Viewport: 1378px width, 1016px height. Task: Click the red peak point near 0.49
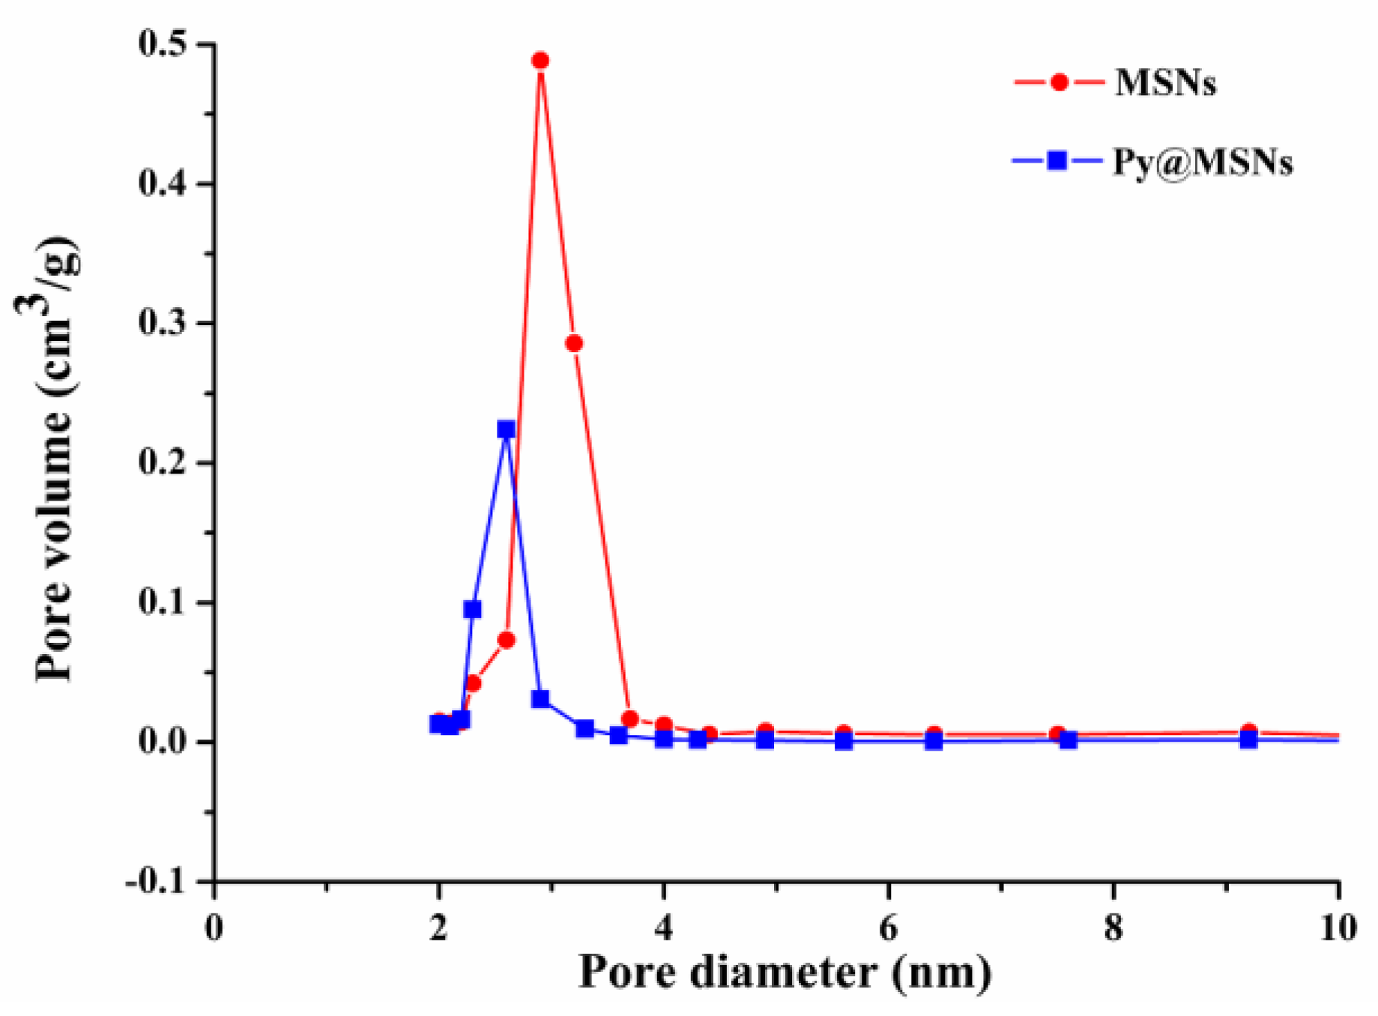pyautogui.click(x=540, y=61)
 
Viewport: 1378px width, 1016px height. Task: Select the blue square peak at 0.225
pyautogui.click(x=507, y=429)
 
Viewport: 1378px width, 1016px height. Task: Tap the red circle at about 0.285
pyautogui.click(x=574, y=343)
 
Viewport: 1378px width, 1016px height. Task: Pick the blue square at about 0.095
pyautogui.click(x=472, y=609)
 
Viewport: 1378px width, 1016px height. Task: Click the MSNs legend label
pyautogui.click(x=1165, y=82)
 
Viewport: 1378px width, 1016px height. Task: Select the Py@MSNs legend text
pyautogui.click(x=1203, y=162)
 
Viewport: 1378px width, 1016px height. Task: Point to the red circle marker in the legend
pyautogui.click(x=1059, y=82)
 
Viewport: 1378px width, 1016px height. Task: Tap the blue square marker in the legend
pyautogui.click(x=1057, y=160)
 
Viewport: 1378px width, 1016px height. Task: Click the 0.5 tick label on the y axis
pyautogui.click(x=163, y=43)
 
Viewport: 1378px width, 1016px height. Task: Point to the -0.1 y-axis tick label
pyautogui.click(x=157, y=882)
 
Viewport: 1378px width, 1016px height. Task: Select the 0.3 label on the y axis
pyautogui.click(x=163, y=323)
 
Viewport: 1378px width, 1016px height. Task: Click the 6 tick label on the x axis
pyautogui.click(x=888, y=929)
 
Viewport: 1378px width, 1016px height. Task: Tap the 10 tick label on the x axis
pyautogui.click(x=1338, y=929)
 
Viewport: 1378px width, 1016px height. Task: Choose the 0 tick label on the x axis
pyautogui.click(x=214, y=929)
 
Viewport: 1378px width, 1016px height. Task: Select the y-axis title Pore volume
pyautogui.click(x=56, y=459)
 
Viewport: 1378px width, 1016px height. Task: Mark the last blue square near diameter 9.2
pyautogui.click(x=1248, y=740)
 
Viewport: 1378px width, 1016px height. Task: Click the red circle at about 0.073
pyautogui.click(x=507, y=640)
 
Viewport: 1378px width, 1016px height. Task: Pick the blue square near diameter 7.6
pyautogui.click(x=1069, y=740)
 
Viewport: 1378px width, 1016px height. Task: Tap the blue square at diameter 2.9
pyautogui.click(x=540, y=699)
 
